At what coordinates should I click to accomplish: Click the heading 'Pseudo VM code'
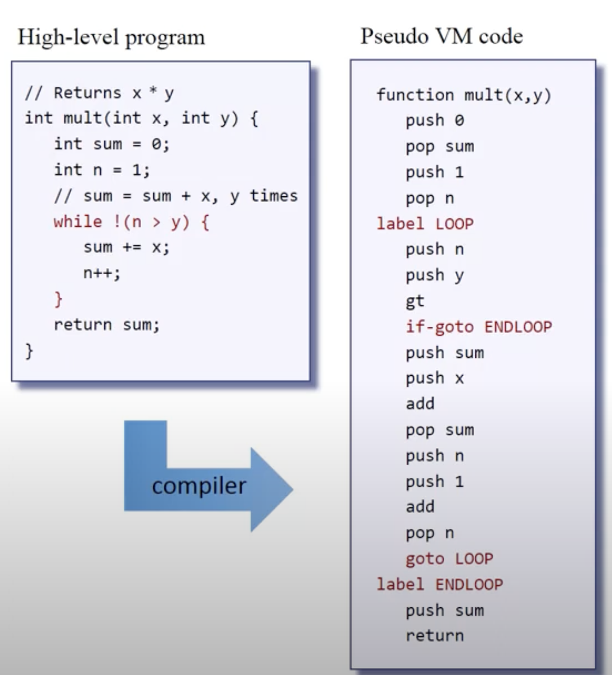click(x=441, y=37)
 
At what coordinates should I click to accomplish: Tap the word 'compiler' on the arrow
click(x=199, y=486)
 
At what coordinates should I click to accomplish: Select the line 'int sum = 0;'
click(x=112, y=144)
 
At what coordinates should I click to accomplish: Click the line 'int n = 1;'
click(x=102, y=170)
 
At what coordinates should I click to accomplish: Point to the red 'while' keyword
click(x=78, y=222)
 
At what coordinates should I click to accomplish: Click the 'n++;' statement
click(x=102, y=273)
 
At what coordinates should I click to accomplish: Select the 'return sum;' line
click(x=106, y=324)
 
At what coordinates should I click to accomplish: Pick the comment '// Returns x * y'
click(x=99, y=93)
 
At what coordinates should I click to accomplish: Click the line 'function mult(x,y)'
click(x=464, y=95)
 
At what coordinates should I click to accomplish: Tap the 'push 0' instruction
click(x=435, y=120)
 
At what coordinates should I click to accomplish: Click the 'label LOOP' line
click(x=425, y=223)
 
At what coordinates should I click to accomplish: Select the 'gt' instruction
click(x=415, y=301)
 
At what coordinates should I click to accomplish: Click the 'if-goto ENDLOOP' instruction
click(x=479, y=327)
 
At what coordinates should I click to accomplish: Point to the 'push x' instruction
click(x=435, y=378)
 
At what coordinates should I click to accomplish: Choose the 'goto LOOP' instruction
click(x=449, y=559)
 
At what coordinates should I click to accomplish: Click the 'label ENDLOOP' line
click(x=439, y=585)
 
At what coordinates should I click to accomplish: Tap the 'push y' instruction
click(x=435, y=275)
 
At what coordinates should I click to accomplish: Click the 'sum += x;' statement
click(x=126, y=248)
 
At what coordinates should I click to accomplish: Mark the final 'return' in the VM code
click(x=435, y=636)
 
